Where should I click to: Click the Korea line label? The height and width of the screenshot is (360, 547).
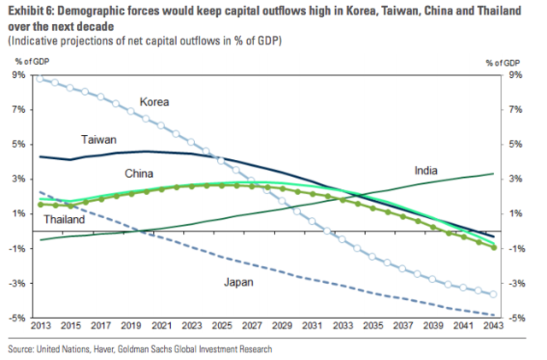(x=154, y=102)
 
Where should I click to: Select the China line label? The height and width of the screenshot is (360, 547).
(x=138, y=174)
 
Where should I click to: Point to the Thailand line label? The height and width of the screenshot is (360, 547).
(x=65, y=220)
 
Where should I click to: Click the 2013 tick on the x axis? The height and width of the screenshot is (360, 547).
(x=41, y=327)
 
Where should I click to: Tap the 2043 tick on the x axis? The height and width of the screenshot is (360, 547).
(x=492, y=327)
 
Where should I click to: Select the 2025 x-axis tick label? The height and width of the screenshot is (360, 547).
(x=221, y=327)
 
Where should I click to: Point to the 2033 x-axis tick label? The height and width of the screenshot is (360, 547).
(x=342, y=327)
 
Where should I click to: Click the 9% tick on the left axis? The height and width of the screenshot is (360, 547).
(x=18, y=75)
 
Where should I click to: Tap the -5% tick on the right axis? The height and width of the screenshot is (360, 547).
(x=515, y=318)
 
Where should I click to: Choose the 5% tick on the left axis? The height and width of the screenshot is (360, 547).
(x=18, y=145)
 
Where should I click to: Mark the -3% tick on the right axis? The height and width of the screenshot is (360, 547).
(x=515, y=283)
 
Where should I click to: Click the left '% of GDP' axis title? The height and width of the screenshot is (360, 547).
(x=33, y=62)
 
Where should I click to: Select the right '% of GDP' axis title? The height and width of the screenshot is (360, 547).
(x=503, y=62)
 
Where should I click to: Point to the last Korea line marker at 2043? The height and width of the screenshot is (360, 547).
(x=493, y=295)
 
